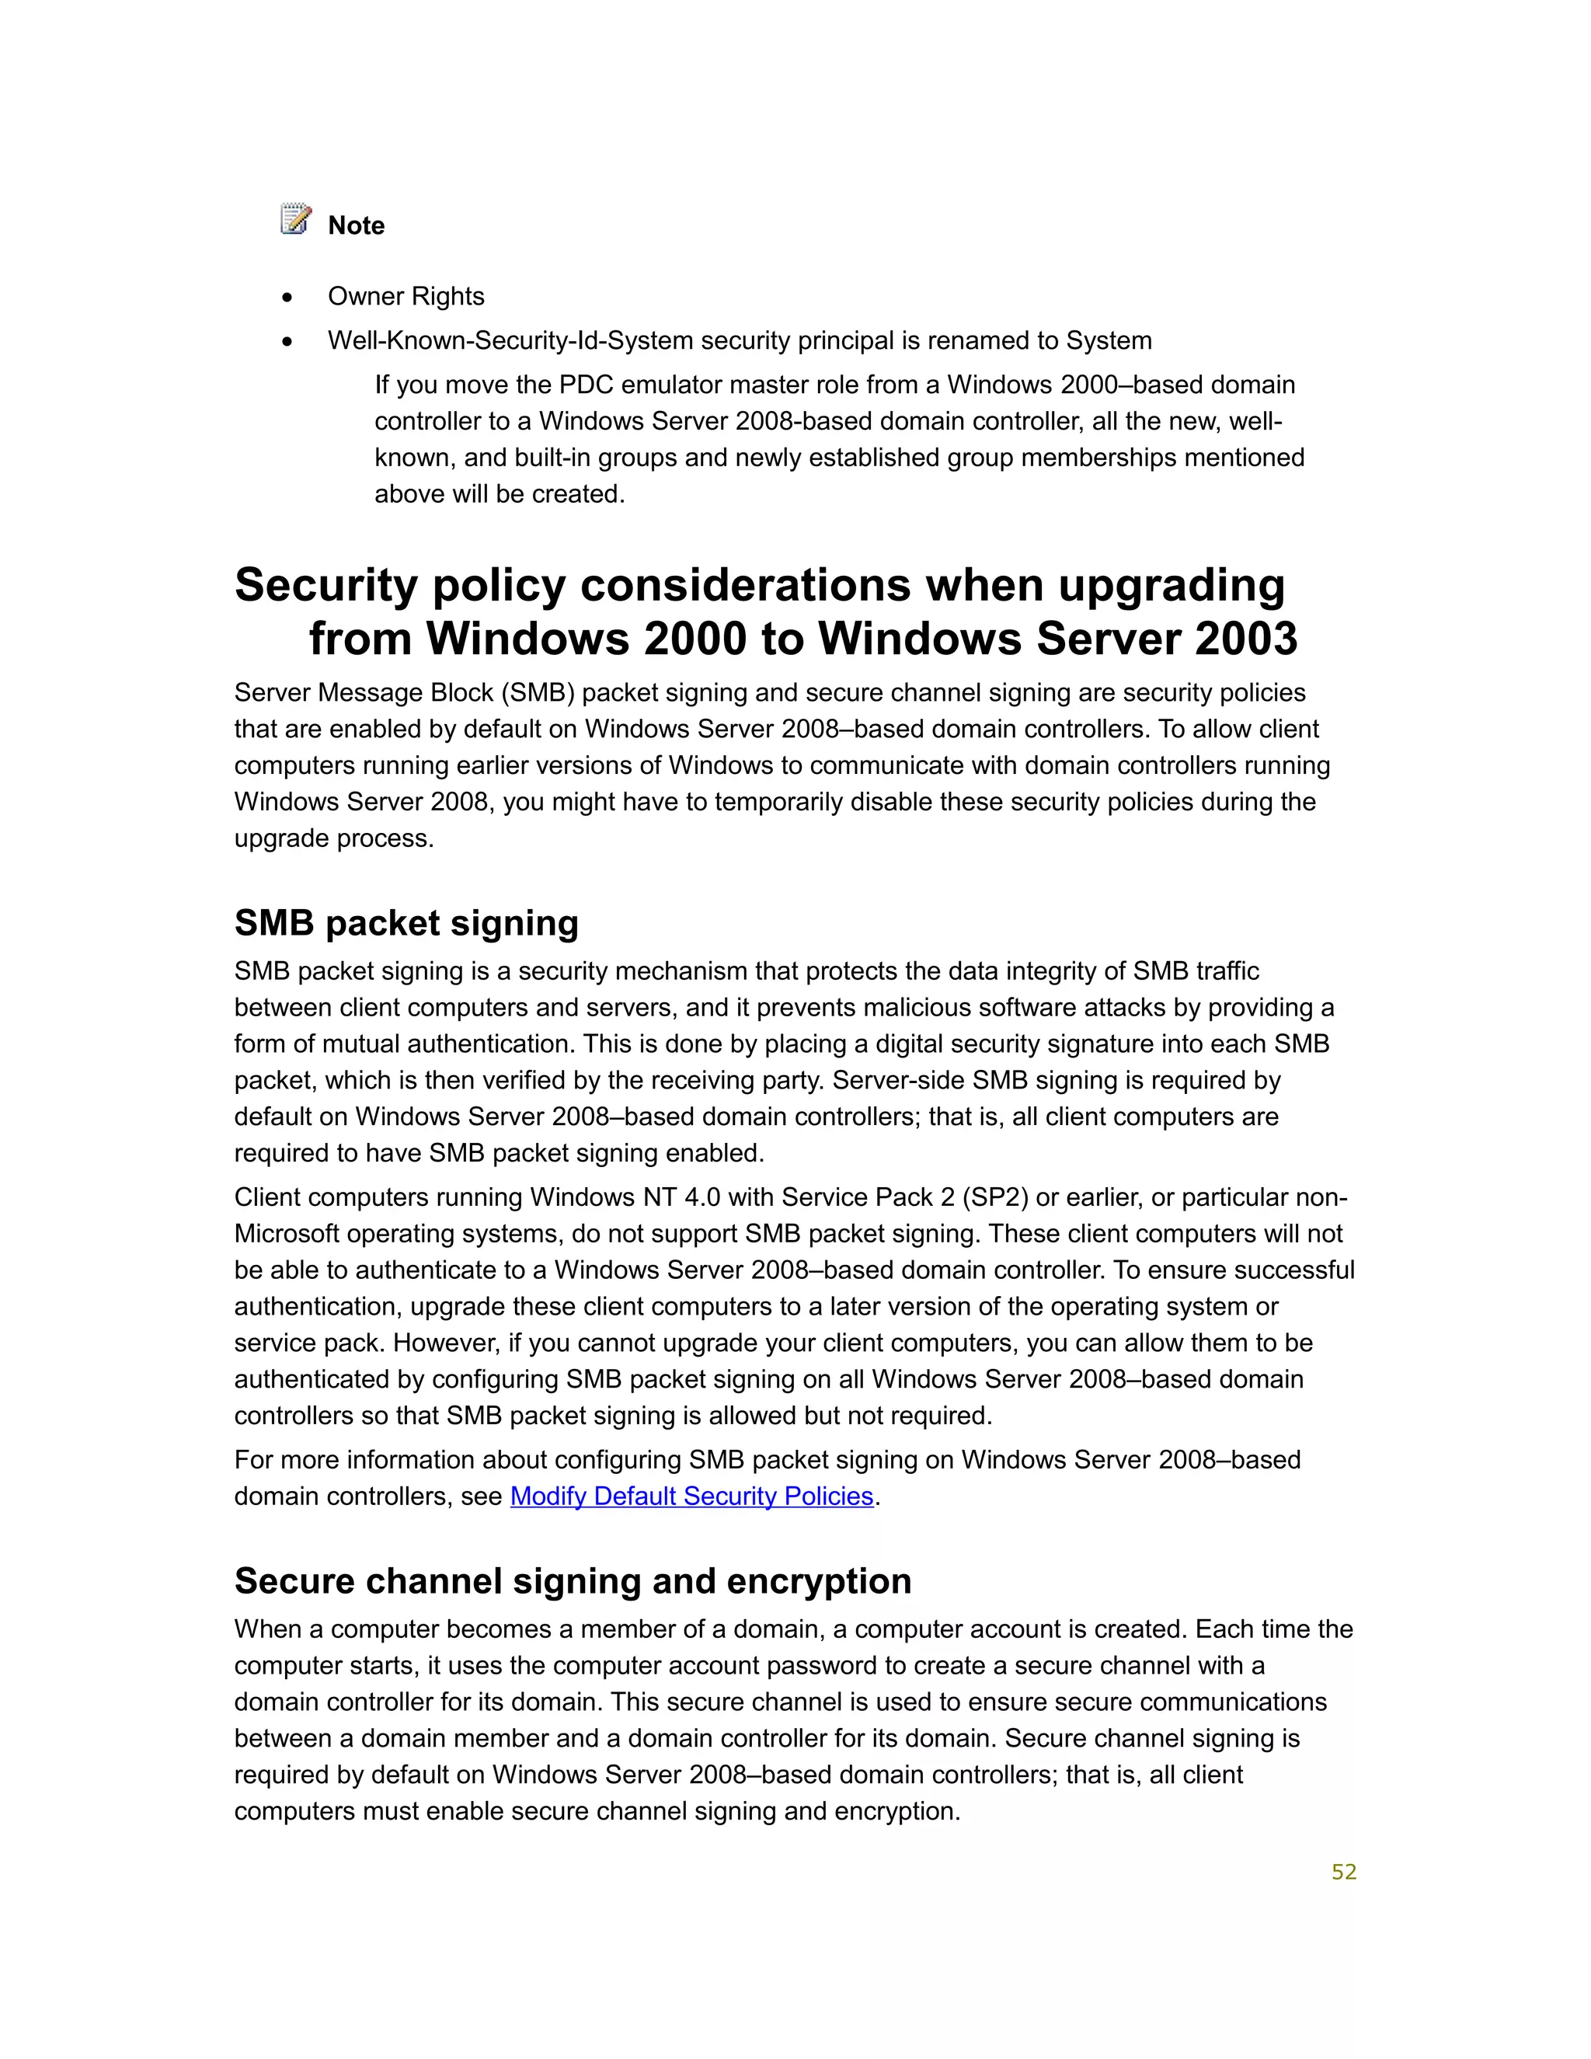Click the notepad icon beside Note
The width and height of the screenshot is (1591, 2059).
tap(296, 219)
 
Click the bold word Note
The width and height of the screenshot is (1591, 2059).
tap(357, 226)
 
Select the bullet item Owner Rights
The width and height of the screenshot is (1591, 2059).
tap(406, 297)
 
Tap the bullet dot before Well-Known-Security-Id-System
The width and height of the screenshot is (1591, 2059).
tap(287, 342)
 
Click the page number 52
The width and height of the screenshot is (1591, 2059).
tap(1343, 1873)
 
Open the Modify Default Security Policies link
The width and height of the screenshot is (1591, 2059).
tap(692, 1497)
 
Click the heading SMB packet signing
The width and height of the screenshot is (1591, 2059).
tap(406, 923)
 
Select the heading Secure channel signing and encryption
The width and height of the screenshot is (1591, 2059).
tap(572, 1581)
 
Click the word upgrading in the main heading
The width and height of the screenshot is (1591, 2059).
tap(1171, 586)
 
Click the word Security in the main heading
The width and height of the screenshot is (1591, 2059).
tap(326, 586)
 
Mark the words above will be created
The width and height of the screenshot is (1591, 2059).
tap(500, 495)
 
